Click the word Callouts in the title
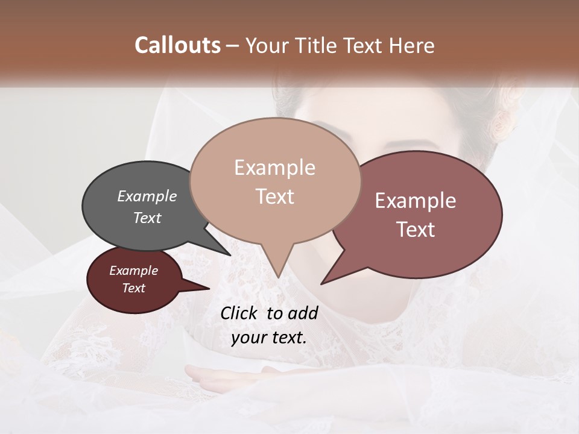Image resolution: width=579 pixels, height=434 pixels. pyautogui.click(x=177, y=45)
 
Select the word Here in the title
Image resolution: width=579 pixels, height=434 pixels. pyautogui.click(x=413, y=45)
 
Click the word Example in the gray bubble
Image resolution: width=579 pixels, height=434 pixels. pyautogui.click(x=147, y=197)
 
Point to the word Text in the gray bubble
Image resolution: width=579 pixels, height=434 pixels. pyautogui.click(x=147, y=218)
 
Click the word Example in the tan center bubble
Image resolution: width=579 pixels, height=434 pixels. pyautogui.click(x=274, y=168)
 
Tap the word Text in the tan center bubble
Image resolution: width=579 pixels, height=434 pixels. pyautogui.click(x=274, y=197)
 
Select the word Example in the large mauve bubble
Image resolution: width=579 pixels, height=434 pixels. pyautogui.click(x=416, y=201)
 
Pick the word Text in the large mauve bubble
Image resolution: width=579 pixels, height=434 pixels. pyautogui.click(x=416, y=230)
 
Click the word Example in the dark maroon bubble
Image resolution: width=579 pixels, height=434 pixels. pyautogui.click(x=133, y=271)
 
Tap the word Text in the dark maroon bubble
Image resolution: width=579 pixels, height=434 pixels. pyautogui.click(x=133, y=288)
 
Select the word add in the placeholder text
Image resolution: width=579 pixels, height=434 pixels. pyautogui.click(x=303, y=313)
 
